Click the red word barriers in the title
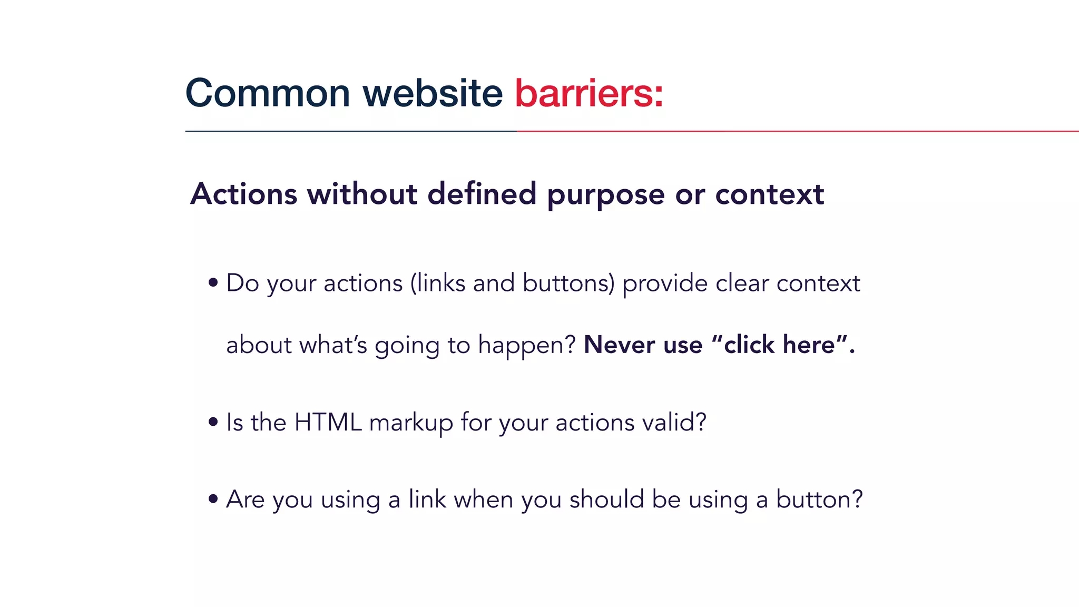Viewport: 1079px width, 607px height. (588, 93)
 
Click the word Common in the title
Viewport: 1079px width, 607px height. (268, 93)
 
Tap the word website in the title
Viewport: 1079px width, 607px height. (433, 93)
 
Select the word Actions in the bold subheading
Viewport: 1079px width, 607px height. (243, 194)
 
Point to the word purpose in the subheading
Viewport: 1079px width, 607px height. (605, 195)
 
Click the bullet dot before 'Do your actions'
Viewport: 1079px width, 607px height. (213, 283)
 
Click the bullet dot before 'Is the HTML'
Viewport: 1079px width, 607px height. (213, 422)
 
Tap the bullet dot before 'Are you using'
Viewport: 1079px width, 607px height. (213, 498)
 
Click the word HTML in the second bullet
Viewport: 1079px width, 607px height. (328, 422)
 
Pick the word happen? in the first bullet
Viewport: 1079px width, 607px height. (527, 346)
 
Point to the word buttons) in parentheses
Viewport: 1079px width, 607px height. (568, 283)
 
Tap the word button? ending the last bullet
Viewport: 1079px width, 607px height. (819, 499)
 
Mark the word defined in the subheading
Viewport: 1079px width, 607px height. (482, 194)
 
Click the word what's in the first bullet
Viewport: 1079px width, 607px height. (333, 345)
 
